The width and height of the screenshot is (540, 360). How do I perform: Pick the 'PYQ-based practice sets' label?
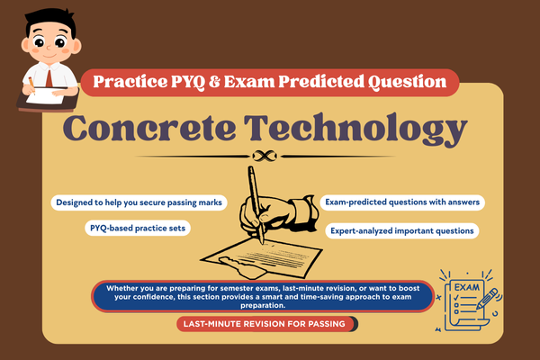click(137, 229)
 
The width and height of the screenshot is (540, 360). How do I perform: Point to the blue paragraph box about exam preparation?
click(261, 296)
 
